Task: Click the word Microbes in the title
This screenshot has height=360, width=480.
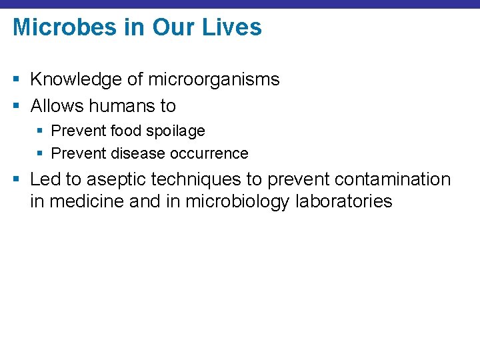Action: [x=55, y=27]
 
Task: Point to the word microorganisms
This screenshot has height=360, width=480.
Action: [x=213, y=80]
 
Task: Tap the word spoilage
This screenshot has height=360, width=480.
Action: [x=176, y=131]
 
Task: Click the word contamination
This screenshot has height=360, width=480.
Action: [x=393, y=179]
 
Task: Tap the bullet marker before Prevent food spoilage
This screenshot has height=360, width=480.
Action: [x=39, y=131]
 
